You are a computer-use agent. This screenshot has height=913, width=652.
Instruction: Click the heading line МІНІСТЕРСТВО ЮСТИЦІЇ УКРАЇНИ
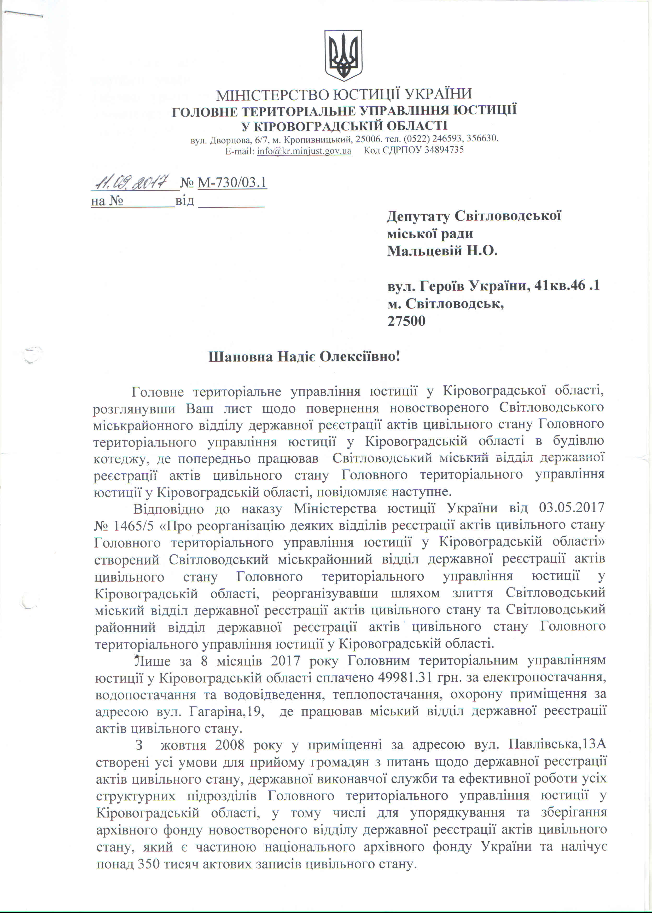point(344,94)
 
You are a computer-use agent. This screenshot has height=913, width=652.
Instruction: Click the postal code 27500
point(406,321)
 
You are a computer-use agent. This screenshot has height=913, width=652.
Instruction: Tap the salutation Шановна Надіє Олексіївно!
point(304,357)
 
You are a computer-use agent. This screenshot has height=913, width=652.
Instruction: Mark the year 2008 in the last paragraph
point(230,745)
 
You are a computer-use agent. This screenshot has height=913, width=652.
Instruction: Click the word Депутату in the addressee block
point(417,216)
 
